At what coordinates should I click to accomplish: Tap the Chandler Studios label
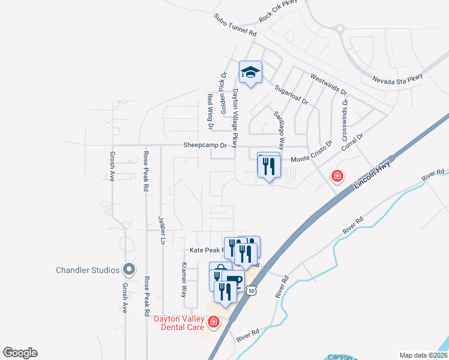coord(88,270)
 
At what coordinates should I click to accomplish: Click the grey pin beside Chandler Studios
coord(128,269)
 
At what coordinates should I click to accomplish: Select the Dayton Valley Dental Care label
coord(180,323)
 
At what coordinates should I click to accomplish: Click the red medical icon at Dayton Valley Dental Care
coord(212,323)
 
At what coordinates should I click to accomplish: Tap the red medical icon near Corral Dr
coord(337,176)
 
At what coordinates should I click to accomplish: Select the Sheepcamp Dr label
coord(205,145)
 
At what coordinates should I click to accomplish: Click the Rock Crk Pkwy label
coord(278,12)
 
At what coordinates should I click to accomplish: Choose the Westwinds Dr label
coord(328,84)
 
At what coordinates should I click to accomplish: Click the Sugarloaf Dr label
coord(291,95)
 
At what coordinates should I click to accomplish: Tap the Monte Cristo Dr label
coord(312,154)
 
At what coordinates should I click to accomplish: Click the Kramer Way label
coord(184,280)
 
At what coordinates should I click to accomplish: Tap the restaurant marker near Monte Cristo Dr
coord(269,165)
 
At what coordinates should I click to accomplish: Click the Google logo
coord(20,353)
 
